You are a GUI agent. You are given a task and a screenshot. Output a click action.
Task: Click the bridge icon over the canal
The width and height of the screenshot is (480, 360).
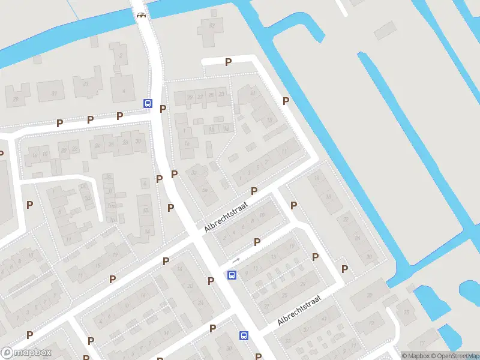[x=142, y=15]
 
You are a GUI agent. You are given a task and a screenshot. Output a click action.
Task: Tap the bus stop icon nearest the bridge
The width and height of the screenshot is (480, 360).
[x=148, y=103]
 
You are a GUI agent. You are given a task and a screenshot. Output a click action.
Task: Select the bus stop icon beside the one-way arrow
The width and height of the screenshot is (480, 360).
[x=232, y=275]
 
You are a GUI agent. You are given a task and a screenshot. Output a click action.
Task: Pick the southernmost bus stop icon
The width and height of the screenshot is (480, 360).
[x=244, y=336]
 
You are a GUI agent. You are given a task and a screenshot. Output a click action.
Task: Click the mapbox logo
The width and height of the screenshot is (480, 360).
[x=26, y=353]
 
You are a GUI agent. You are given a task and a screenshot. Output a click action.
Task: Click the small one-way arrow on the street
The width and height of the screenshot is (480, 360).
[x=236, y=260]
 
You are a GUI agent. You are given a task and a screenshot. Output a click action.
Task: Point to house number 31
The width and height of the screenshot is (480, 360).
[x=54, y=93]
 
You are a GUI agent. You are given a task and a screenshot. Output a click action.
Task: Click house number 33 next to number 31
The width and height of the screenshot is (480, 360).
[x=86, y=84]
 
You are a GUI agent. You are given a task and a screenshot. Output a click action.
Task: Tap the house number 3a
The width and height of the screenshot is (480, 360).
[x=194, y=173]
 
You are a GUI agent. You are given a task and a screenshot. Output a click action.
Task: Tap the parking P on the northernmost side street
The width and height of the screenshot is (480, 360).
[x=228, y=62]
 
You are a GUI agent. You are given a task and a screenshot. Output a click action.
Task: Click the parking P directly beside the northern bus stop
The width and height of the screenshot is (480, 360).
[x=163, y=108]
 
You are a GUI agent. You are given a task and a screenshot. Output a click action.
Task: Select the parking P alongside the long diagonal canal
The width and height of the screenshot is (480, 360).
[x=286, y=101]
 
